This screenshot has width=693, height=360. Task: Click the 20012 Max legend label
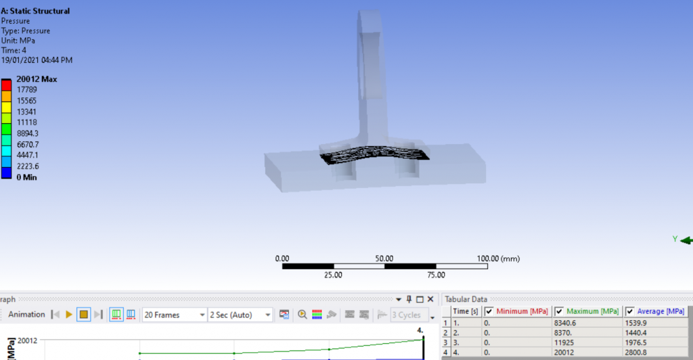coord(37,79)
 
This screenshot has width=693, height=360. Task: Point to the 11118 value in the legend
coord(28,122)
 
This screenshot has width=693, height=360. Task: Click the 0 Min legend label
coord(26,177)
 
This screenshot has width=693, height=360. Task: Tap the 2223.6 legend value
coord(30,166)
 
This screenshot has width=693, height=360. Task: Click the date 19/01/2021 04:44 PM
coord(37,60)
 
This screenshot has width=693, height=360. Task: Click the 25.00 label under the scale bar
coord(333,275)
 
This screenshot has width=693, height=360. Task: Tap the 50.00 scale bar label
coord(384,258)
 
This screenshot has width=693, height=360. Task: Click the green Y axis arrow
coord(685,240)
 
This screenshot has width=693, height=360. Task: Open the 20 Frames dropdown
coord(174,315)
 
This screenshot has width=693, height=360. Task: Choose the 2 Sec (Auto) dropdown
coord(240,315)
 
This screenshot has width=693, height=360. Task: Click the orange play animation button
coord(69,315)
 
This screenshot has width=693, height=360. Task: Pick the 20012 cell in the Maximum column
coord(563,353)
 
